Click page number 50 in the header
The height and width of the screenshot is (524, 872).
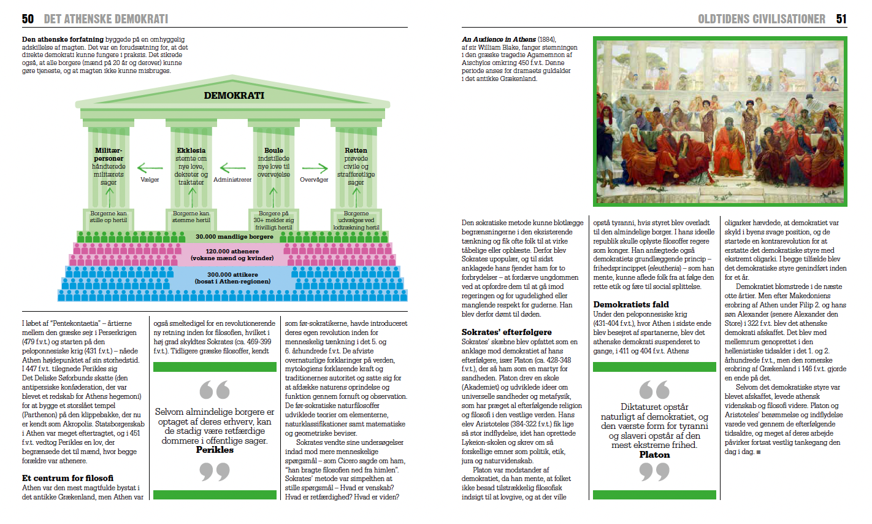coord(28,19)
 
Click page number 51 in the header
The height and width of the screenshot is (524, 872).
coord(841,19)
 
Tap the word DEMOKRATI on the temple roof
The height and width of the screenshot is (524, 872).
coord(234,96)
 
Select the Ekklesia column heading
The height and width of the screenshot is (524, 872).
coord(191,150)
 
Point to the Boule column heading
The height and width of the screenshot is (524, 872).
coord(273,150)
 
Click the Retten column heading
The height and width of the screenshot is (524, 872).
coord(356,150)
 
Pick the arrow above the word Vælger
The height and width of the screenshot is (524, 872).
coord(150,168)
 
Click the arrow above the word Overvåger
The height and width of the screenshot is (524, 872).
coord(315,168)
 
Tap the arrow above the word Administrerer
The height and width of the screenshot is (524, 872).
coord(232,168)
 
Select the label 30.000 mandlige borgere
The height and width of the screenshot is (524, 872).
coord(234,237)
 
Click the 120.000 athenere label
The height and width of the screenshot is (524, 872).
coord(232,251)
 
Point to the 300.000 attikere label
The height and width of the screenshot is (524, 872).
coord(232,274)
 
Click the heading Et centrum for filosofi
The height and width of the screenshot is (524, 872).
coord(67,478)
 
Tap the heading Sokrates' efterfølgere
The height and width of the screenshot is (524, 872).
coord(507,332)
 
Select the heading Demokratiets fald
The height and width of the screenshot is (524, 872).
coord(630,304)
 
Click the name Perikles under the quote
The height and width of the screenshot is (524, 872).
coord(215,450)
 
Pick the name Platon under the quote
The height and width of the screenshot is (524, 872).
coord(654,455)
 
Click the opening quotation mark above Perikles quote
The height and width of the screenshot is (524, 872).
coord(215,390)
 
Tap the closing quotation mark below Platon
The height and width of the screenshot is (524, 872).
coord(654,472)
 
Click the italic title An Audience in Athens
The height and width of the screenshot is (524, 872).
coord(499,39)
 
